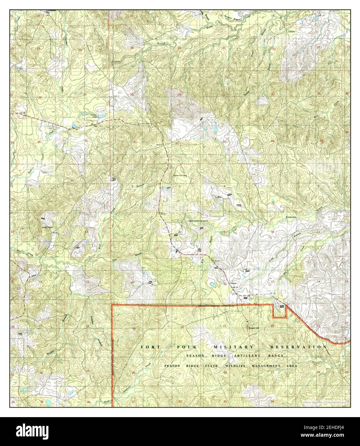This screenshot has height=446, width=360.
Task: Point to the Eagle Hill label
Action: coord(253,328)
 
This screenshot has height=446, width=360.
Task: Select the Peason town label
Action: coord(233,284)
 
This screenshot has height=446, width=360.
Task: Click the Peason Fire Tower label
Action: coord(180,176)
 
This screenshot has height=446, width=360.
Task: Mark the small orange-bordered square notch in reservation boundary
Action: coord(279,311)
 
